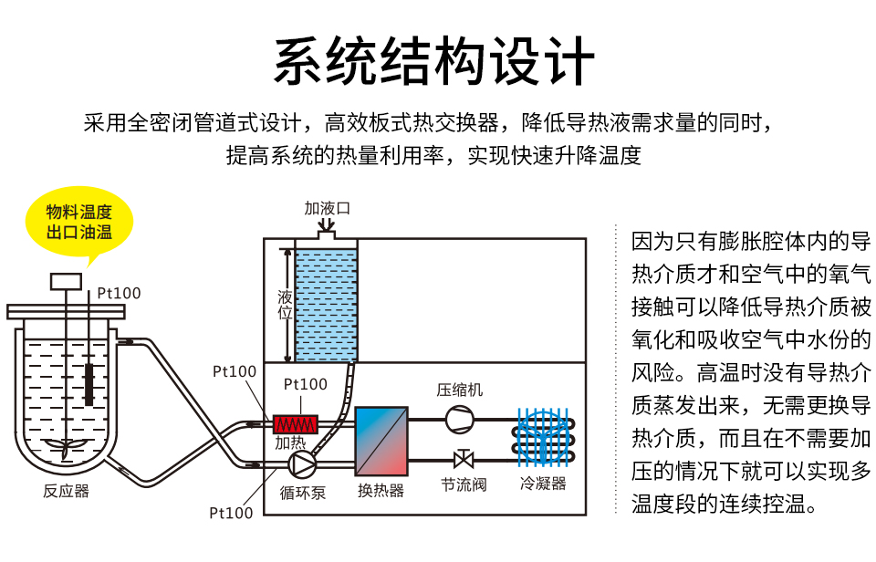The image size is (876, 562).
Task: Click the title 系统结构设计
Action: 436,61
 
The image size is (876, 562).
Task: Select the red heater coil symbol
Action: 296,424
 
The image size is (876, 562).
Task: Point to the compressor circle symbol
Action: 459,418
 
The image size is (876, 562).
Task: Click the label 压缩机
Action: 460,390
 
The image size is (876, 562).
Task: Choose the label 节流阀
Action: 464,484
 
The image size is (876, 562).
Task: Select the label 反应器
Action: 67,491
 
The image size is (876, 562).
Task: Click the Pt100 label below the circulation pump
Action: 231,513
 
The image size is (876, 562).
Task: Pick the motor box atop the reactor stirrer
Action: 66,281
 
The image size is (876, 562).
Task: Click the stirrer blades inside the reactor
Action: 66,447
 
